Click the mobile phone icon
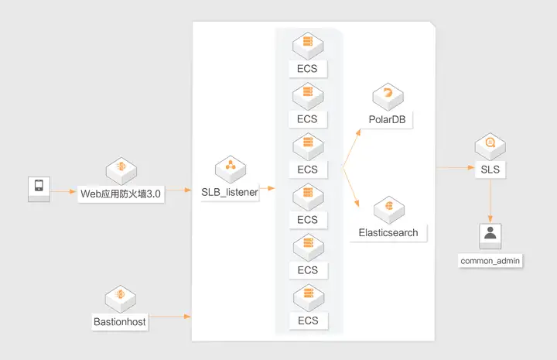point(39,189)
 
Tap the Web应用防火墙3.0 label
point(121,194)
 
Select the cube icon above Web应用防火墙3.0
point(121,170)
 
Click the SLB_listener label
point(230,192)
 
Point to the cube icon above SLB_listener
point(231,169)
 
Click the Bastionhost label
point(120,322)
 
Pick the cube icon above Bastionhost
point(121,299)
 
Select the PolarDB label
point(388,119)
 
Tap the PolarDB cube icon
point(388,97)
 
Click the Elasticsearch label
point(388,233)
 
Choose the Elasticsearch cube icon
point(389,210)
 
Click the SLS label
point(490,170)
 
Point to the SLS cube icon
point(490,146)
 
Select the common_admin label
point(490,261)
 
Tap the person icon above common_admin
point(490,236)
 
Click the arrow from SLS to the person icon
point(490,201)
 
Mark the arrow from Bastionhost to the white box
point(169,317)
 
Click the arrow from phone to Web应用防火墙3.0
point(63,191)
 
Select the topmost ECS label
point(307,69)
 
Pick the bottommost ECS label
point(308,321)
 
